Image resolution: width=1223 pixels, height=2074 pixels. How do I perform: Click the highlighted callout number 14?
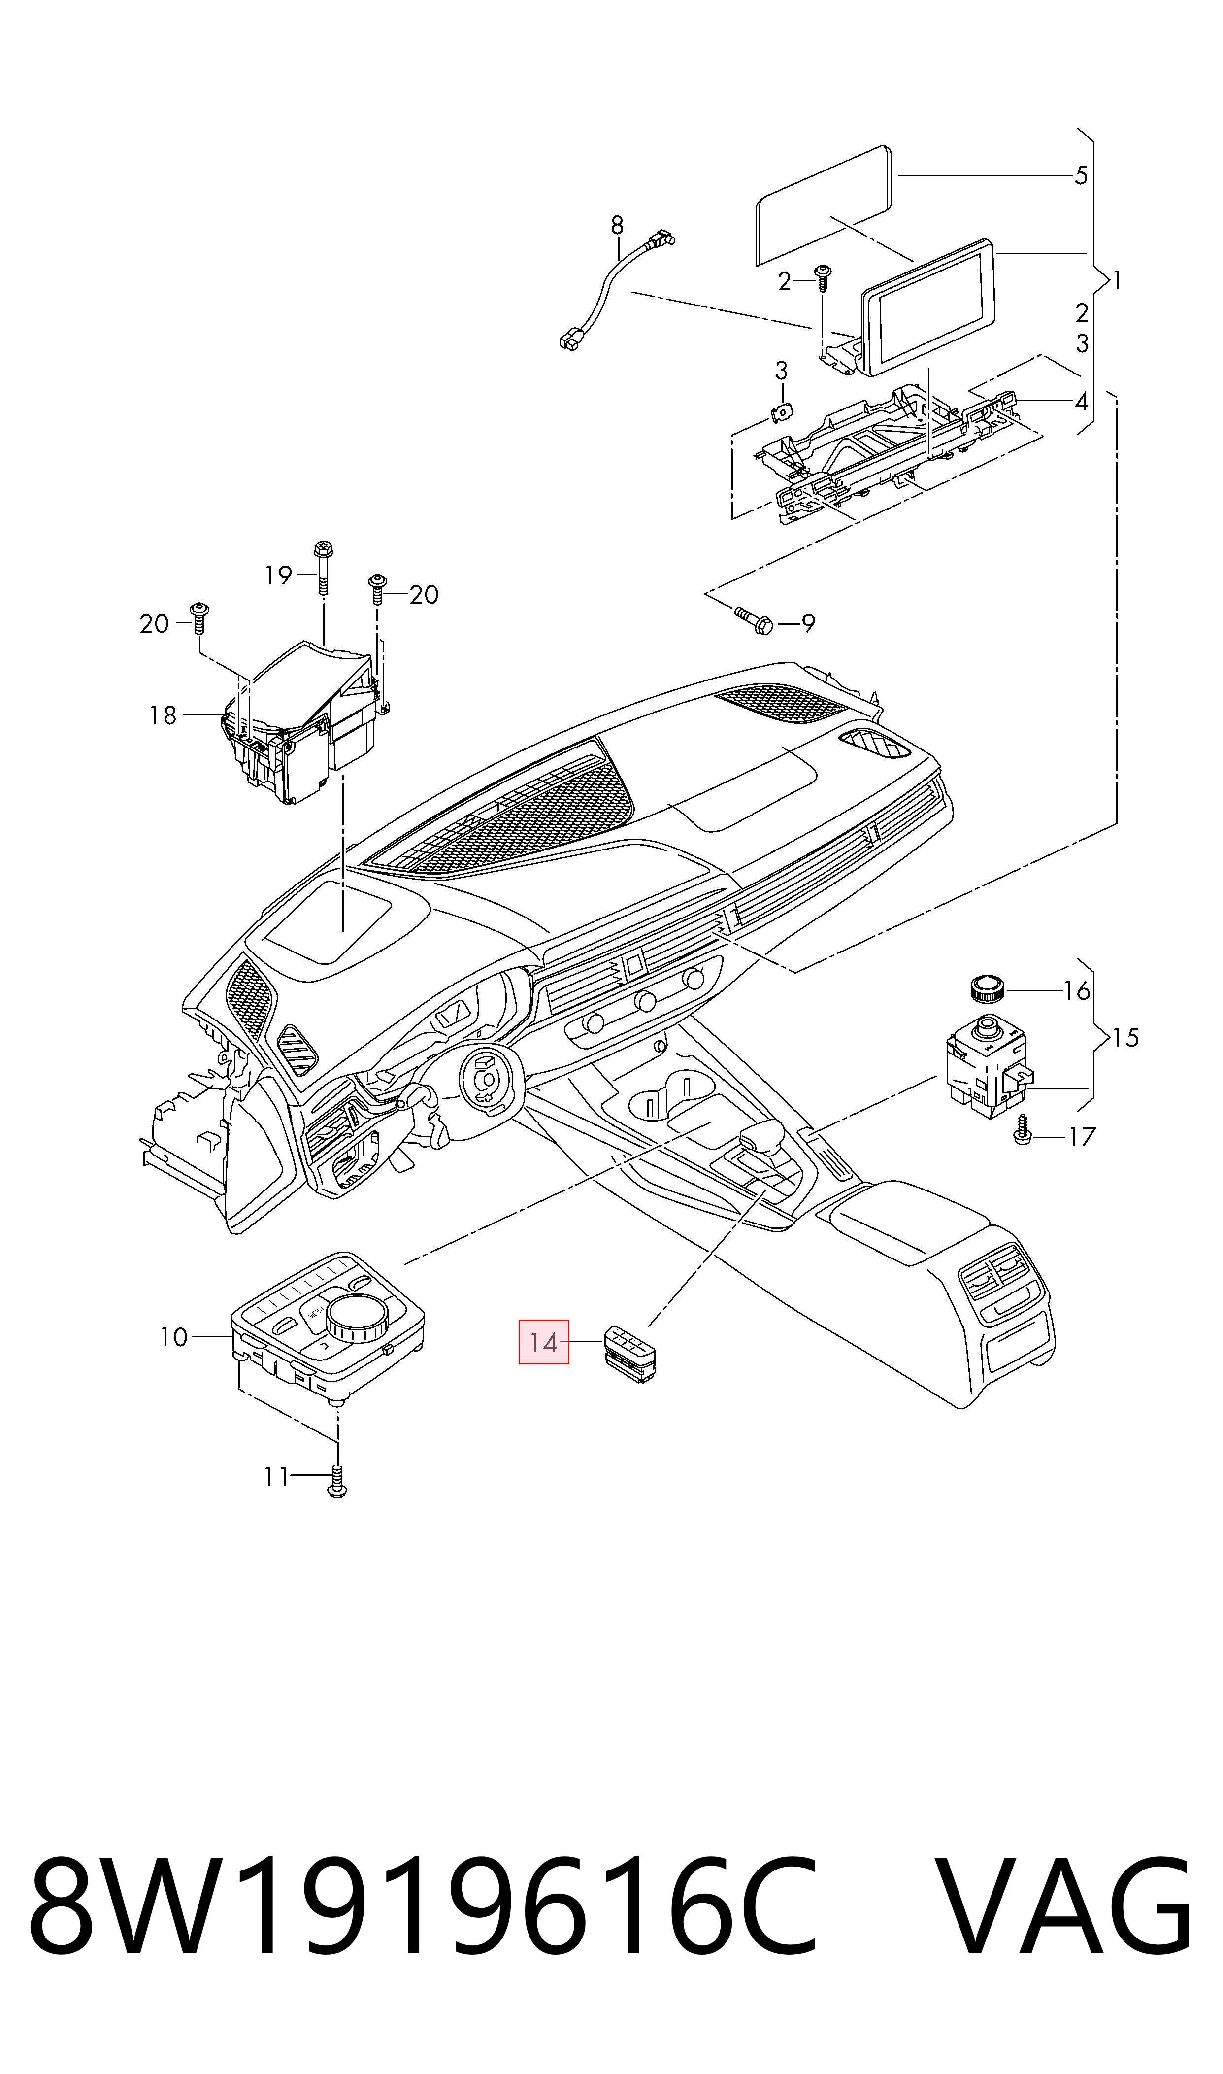point(543,1342)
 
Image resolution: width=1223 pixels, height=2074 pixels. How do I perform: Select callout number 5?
point(1081,175)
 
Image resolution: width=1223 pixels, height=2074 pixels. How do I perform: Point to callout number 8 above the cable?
point(617,225)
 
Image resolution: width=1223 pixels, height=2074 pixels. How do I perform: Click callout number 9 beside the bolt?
point(808,624)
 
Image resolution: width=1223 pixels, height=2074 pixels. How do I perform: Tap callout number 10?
point(174,1337)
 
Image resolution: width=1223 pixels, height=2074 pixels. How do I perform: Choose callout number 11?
point(276,1476)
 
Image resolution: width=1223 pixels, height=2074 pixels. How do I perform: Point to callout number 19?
point(279,575)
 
